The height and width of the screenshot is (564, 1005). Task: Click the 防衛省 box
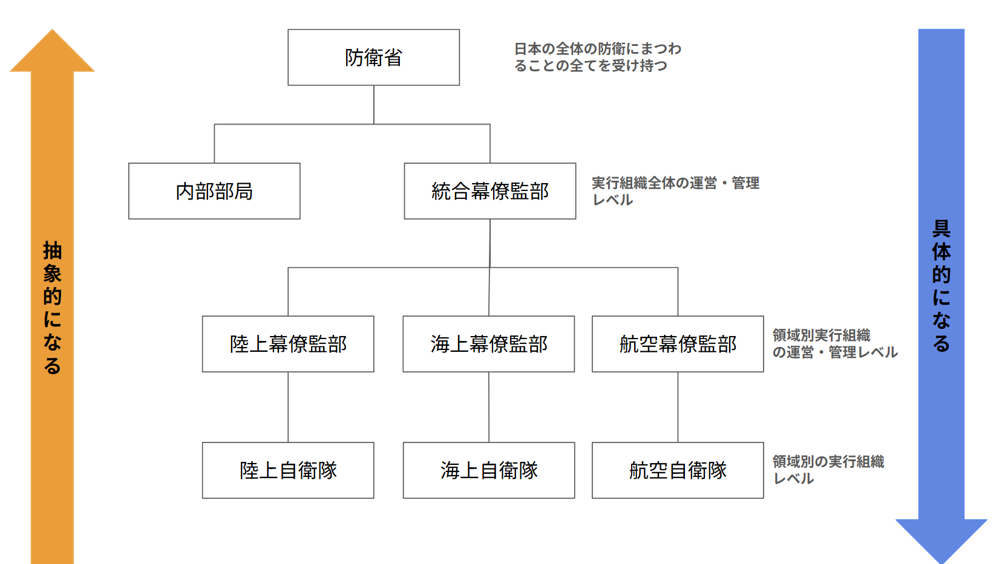pos(373,57)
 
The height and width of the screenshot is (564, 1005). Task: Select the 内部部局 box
pos(214,191)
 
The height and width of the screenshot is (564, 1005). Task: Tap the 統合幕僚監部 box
pos(489,191)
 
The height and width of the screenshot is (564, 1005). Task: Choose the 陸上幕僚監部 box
pos(288,344)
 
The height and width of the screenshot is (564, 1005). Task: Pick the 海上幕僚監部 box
pos(489,344)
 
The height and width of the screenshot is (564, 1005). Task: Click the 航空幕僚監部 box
pos(678,344)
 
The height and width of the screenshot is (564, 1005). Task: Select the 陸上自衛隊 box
pos(288,470)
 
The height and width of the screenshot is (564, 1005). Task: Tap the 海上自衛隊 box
pos(489,470)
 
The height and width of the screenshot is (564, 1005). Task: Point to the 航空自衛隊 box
pos(678,470)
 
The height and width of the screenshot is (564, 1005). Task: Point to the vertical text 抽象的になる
pos(52,308)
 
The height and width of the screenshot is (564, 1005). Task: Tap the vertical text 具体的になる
pos(941,286)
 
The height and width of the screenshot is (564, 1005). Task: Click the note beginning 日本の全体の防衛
pos(597,57)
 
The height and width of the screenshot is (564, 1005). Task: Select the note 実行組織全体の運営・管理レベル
pos(675,191)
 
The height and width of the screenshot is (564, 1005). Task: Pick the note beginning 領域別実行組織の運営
pos(834,343)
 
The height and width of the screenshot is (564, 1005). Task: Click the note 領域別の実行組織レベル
pos(828,470)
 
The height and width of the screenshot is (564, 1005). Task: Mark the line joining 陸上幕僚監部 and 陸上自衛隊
pos(288,407)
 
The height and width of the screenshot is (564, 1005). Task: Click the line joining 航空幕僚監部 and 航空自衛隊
pos(678,407)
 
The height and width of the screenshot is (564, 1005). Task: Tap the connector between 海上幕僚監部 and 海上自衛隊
pos(489,407)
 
